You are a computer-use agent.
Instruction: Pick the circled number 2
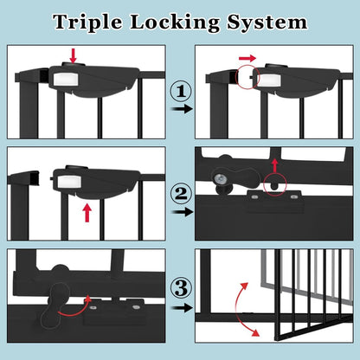coord(179,193)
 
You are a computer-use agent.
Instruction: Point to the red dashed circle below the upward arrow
coord(276,183)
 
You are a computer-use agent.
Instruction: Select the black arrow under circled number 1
coord(179,110)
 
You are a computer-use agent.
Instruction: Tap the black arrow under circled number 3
coord(179,305)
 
